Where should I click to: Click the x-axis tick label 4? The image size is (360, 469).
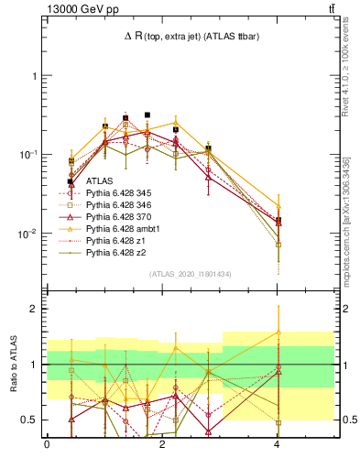click(278, 444)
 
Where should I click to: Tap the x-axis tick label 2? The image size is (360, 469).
click(162, 444)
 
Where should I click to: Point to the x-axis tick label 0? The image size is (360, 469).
click(47, 444)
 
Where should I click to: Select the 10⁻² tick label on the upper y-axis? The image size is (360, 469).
click(29, 234)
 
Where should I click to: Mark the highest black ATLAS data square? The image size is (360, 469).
click(147, 115)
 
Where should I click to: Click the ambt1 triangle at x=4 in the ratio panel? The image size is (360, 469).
click(278, 333)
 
